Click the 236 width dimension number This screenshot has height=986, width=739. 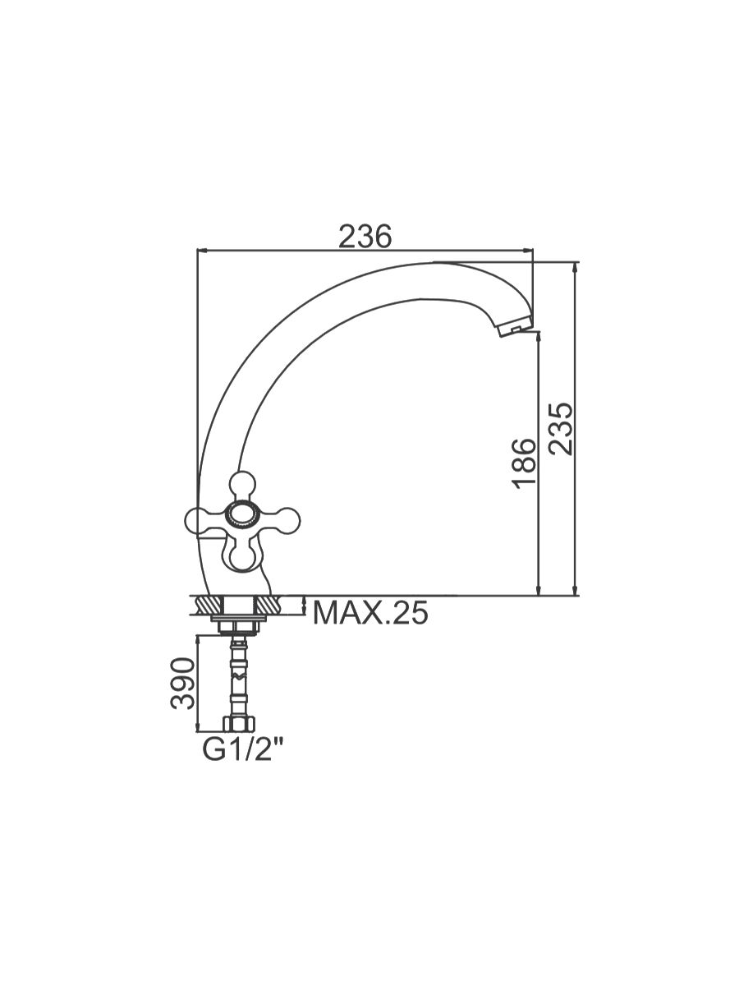point(365,237)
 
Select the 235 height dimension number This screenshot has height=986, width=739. point(562,429)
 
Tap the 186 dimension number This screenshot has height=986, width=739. point(524,463)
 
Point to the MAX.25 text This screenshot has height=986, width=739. point(370,613)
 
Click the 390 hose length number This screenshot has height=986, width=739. point(183,684)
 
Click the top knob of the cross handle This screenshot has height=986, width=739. point(242,486)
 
